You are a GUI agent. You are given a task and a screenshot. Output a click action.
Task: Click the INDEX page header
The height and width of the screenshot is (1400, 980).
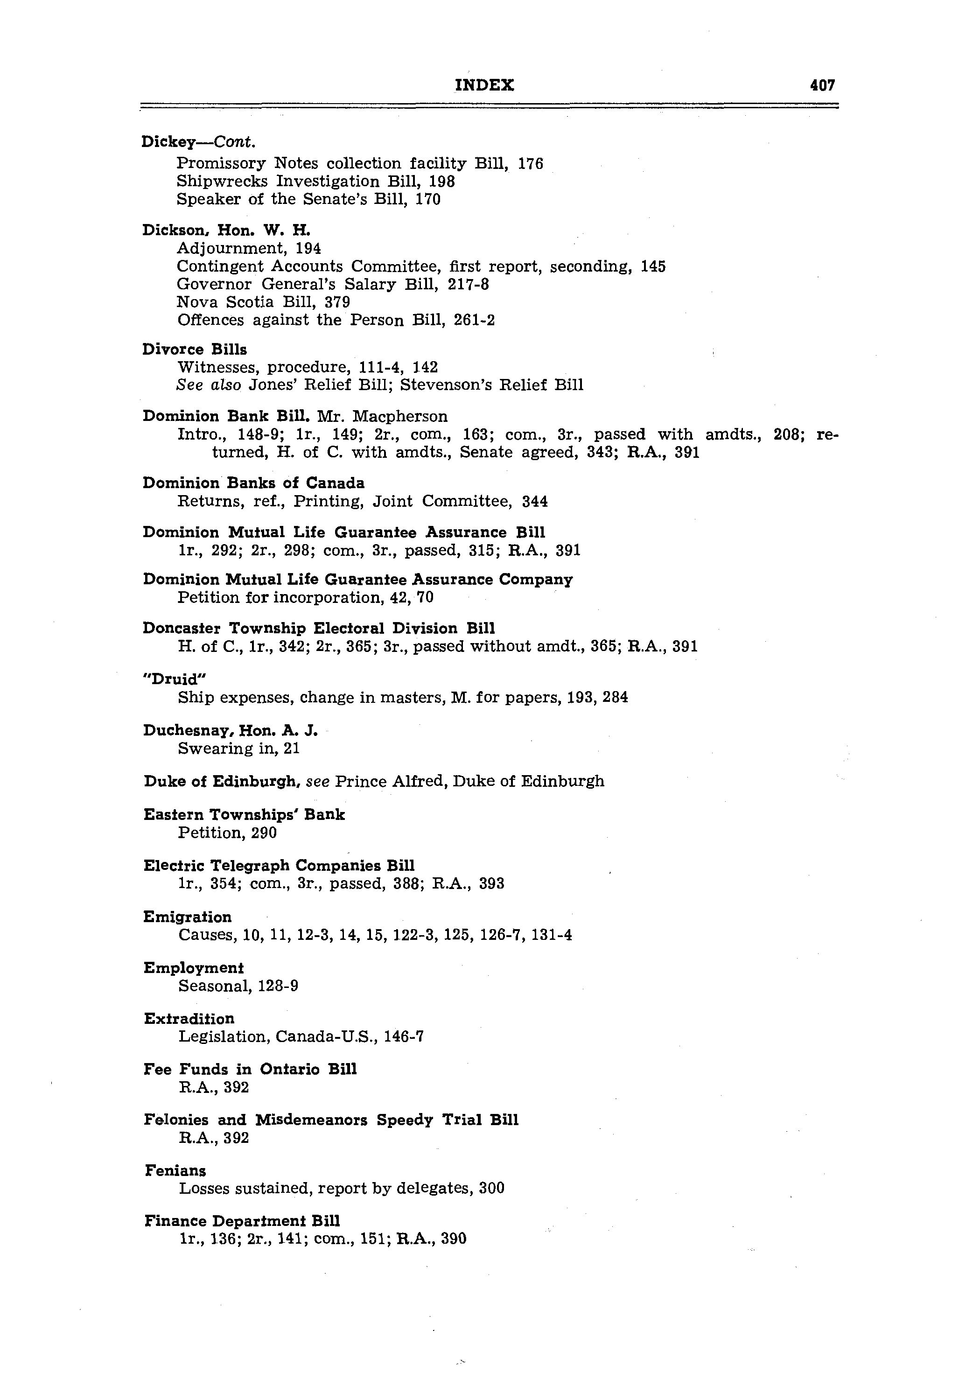(x=484, y=85)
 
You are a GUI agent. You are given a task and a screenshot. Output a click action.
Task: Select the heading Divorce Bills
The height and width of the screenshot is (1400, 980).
(x=195, y=350)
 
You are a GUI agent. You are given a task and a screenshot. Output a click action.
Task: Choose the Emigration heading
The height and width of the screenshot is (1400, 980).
(x=187, y=917)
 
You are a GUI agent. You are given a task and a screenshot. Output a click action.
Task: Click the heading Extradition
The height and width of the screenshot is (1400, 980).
(x=189, y=1019)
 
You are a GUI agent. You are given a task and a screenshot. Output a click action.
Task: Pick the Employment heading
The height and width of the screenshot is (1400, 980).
(x=193, y=968)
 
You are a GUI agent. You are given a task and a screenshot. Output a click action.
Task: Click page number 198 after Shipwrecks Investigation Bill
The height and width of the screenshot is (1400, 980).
(x=442, y=182)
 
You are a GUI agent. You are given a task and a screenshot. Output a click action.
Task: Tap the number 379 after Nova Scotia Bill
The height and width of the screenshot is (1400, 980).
(x=337, y=302)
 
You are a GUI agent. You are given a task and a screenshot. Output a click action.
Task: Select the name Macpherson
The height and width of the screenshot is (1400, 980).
(x=400, y=416)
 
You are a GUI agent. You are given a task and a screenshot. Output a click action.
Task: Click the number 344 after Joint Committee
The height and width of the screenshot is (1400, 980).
(x=535, y=502)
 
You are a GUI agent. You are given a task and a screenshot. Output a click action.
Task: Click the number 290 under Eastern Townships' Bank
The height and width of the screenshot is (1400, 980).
(x=264, y=833)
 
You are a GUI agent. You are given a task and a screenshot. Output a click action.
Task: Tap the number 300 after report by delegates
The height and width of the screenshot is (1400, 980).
(x=491, y=1189)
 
